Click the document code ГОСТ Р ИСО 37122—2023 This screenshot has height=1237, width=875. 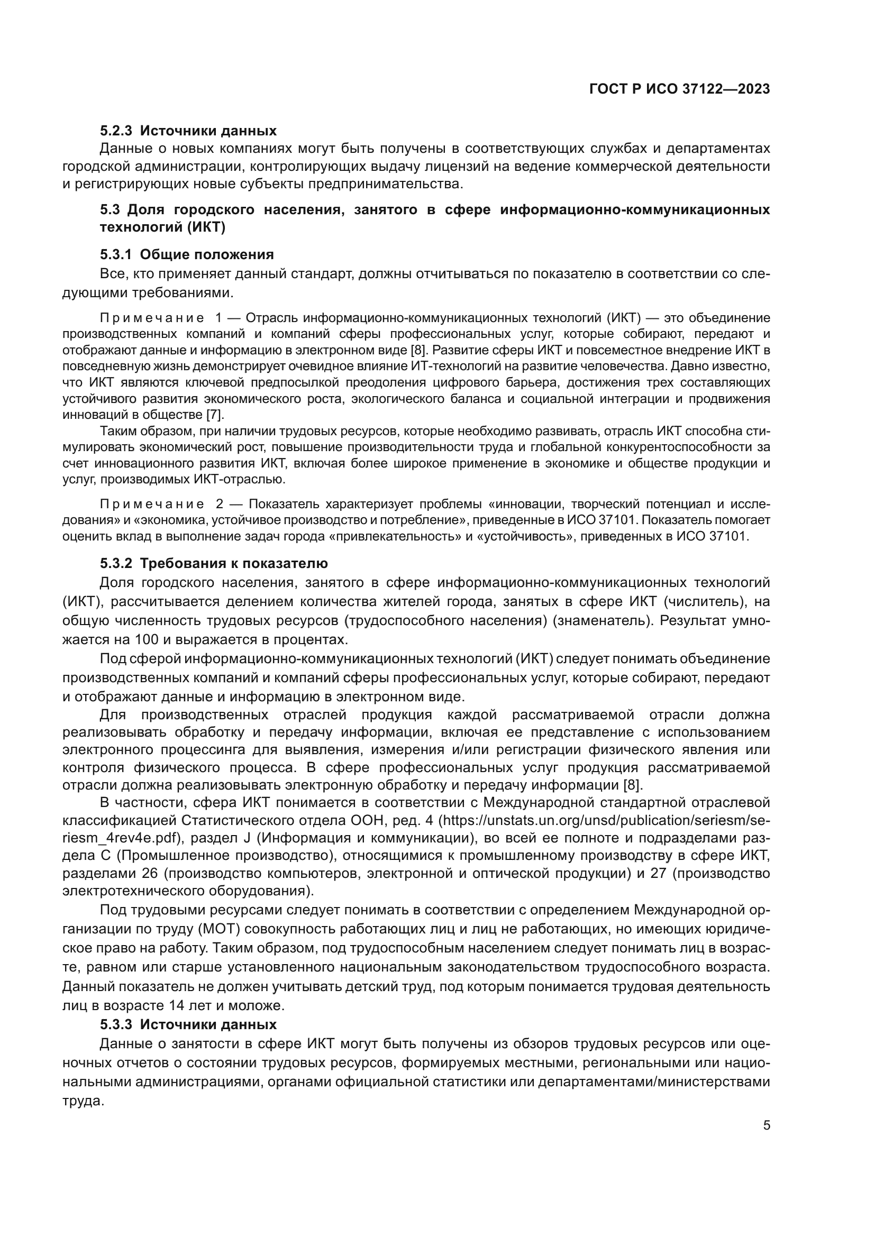click(679, 89)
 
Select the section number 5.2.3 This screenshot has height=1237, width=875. click(116, 131)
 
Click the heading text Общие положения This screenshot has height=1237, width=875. click(207, 254)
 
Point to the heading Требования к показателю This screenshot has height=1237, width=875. click(234, 564)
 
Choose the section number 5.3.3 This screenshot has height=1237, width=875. click(116, 1024)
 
